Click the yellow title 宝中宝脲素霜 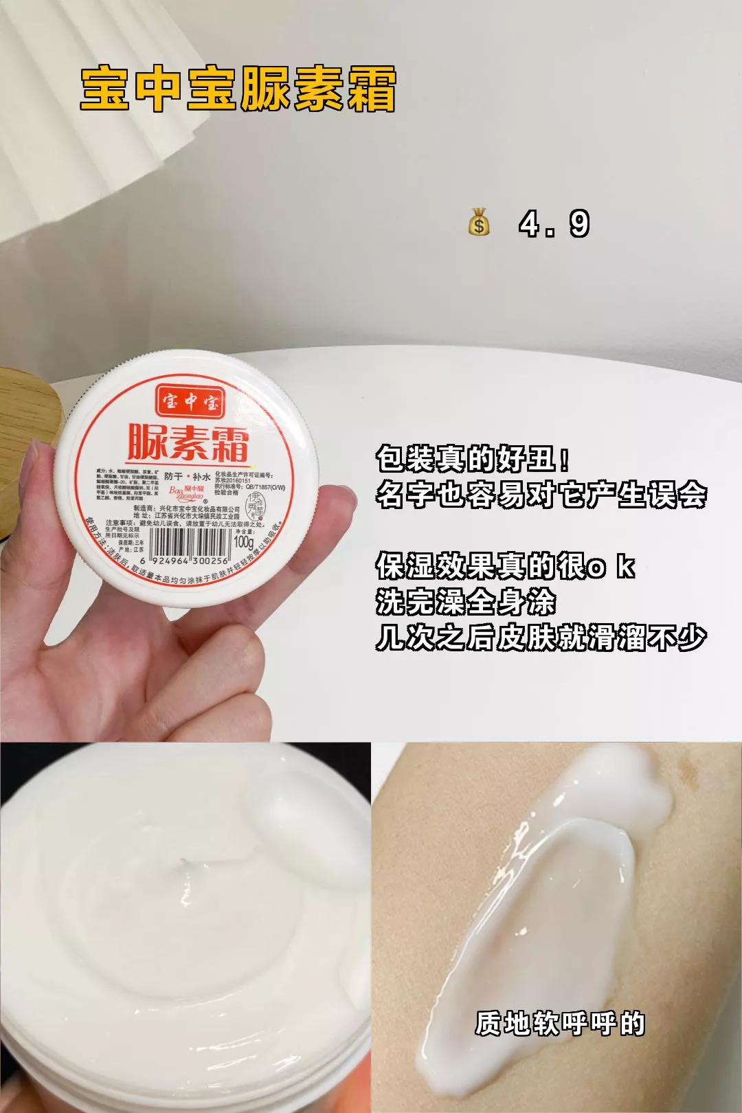238,89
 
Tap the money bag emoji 479,225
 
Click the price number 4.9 554,225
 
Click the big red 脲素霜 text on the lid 188,442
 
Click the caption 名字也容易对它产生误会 541,494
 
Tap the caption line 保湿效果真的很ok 505,567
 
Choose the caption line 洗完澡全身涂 465,603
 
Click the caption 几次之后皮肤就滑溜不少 541,638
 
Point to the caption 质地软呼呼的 560,1024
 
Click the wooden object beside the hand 27,426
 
